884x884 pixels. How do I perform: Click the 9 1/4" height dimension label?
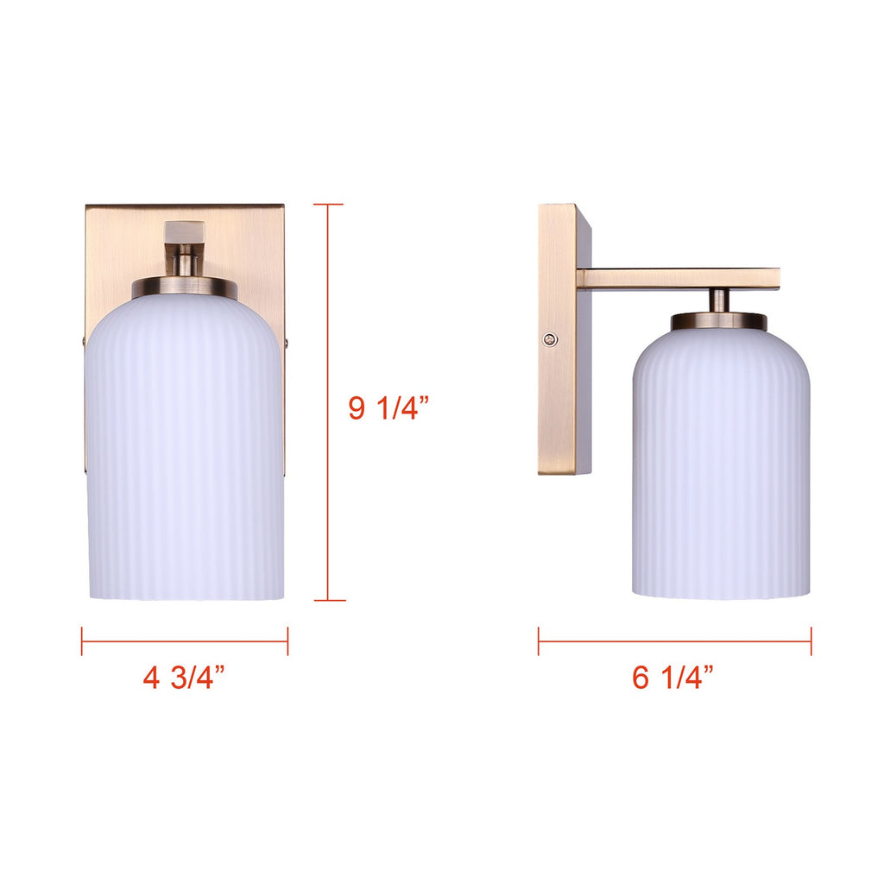click(388, 407)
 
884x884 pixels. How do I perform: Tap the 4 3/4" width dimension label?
click(184, 677)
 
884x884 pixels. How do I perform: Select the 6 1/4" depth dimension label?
click(672, 677)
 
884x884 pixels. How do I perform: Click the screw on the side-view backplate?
click(550, 339)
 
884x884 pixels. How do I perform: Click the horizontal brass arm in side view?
click(679, 279)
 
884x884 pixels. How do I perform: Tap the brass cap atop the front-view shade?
click(185, 287)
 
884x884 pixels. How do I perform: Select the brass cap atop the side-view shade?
click(719, 321)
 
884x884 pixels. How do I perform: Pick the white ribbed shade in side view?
click(721, 464)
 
